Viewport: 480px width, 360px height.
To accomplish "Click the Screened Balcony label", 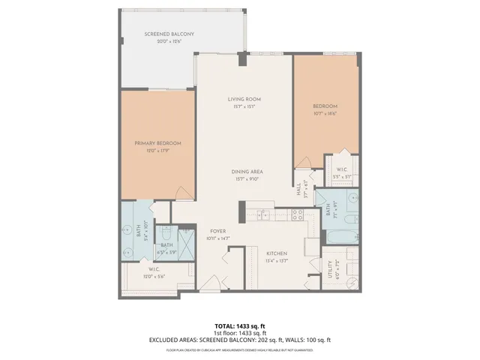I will [x=170, y=34].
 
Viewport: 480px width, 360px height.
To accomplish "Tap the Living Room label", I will [x=245, y=99].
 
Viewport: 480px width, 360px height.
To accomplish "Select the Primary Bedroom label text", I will [x=159, y=142].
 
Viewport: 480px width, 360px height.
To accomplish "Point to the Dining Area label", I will [x=246, y=172].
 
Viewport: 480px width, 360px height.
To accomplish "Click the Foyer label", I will [x=217, y=231].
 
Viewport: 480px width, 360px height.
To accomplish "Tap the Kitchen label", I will [x=277, y=253].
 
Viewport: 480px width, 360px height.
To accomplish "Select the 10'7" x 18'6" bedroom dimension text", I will [x=325, y=113].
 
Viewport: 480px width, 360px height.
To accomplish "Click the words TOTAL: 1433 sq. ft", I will [x=240, y=326].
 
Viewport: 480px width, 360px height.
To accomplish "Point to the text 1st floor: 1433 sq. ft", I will [x=240, y=333].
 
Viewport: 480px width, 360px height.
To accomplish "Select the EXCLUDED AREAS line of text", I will [x=240, y=340].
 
